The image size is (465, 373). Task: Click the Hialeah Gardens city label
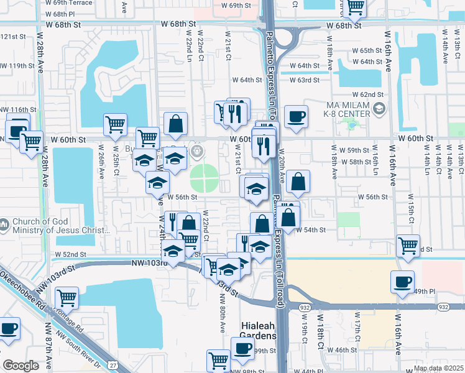click(258, 331)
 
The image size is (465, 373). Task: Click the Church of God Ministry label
click(60, 226)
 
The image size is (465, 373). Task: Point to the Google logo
click(21, 366)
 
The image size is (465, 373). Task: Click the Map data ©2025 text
click(438, 369)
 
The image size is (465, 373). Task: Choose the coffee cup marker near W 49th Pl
click(402, 282)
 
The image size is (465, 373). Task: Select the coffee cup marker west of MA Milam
click(295, 116)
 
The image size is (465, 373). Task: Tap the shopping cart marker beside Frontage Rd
click(67, 297)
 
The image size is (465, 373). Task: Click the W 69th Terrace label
click(69, 3)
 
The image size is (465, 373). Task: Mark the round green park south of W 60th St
click(201, 178)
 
